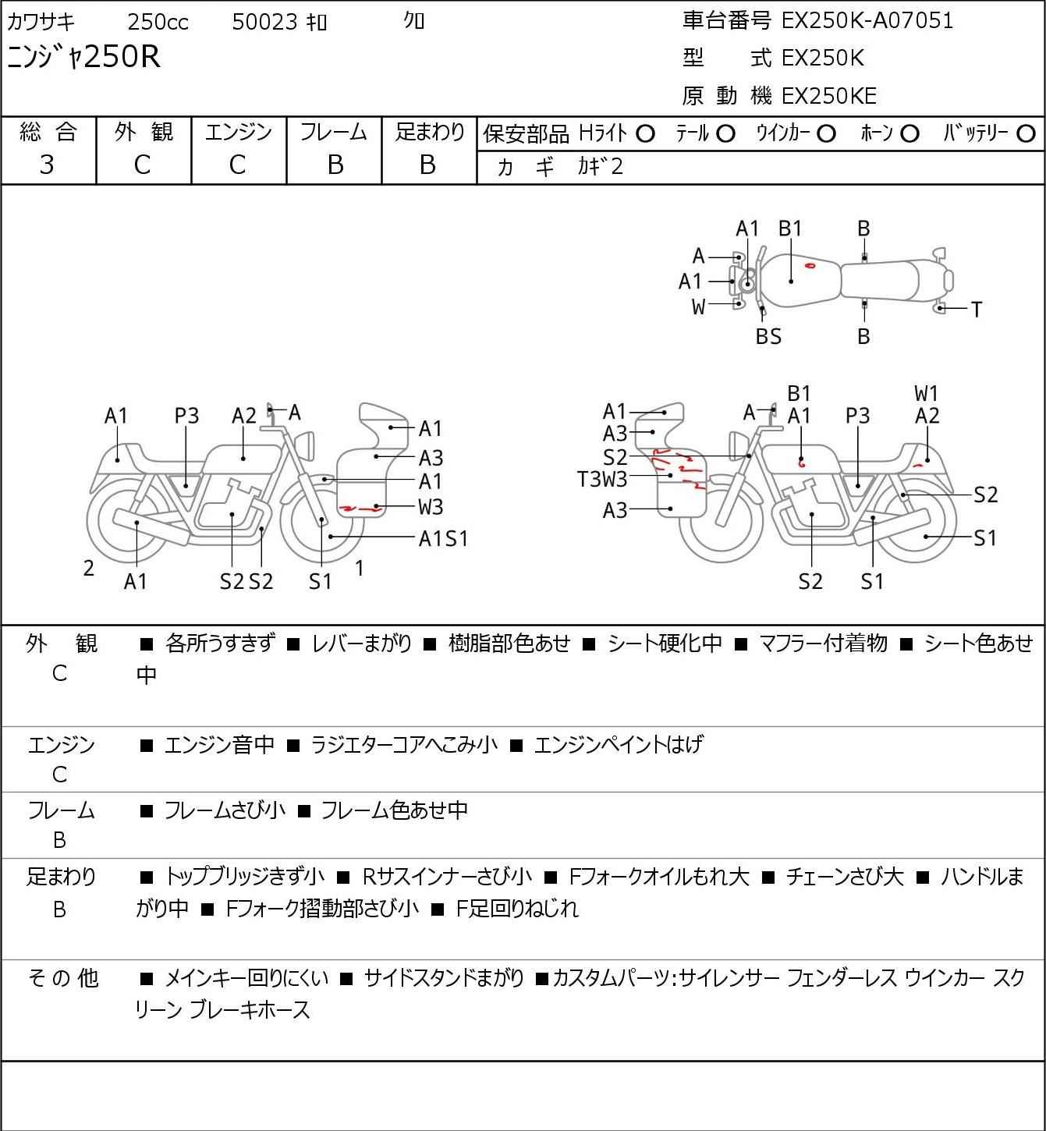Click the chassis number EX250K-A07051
tap(867, 21)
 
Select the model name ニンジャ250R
tap(83, 57)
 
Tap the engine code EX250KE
tap(829, 96)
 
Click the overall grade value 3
tap(47, 165)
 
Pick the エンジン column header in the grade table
tap(238, 133)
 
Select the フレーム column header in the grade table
tap(334, 133)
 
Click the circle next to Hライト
tap(645, 134)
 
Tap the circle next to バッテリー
tap(1026, 134)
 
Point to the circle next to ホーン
tap(909, 134)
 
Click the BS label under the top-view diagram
tap(768, 336)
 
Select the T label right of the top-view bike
tap(976, 310)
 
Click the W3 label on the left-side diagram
tap(431, 507)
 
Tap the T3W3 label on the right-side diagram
tap(602, 479)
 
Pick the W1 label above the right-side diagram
tap(927, 394)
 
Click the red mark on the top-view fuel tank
tap(810, 266)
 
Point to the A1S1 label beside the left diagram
tap(443, 538)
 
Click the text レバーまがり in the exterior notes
tap(361, 643)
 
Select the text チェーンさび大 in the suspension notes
tap(845, 877)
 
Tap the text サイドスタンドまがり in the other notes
tap(443, 978)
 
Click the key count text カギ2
tap(601, 166)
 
